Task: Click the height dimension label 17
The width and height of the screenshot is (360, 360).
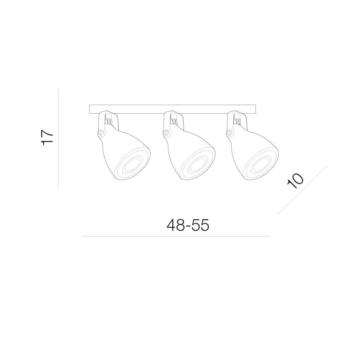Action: [47, 138]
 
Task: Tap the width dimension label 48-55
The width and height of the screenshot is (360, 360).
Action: [188, 225]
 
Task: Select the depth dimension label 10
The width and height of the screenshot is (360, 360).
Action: [295, 181]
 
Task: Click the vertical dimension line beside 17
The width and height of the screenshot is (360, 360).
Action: [58, 138]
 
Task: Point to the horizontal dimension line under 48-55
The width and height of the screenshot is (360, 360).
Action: [176, 236]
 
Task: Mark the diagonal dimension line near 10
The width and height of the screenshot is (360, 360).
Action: [303, 190]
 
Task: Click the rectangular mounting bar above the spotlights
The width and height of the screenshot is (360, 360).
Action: [172, 109]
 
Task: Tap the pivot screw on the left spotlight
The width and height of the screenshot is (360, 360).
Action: [100, 132]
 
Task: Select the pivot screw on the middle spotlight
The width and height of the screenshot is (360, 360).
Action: [165, 132]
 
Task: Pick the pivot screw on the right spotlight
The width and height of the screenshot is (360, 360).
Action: [229, 132]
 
